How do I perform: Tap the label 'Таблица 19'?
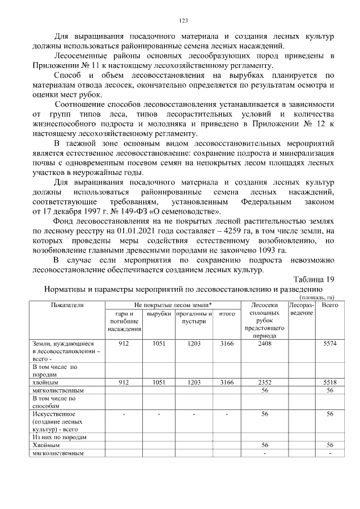(314, 280)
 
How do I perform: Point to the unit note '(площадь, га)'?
(317, 298)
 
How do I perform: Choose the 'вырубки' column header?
(158, 313)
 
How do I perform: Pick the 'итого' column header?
(227, 313)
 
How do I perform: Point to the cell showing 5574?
(330, 343)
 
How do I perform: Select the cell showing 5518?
(330, 382)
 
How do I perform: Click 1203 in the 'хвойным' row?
(193, 382)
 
